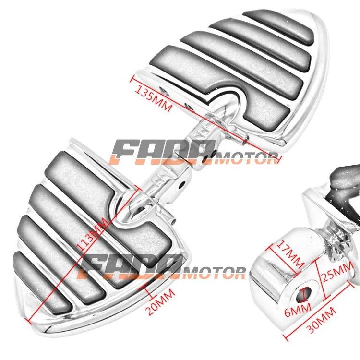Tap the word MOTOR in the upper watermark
point(246,158)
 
